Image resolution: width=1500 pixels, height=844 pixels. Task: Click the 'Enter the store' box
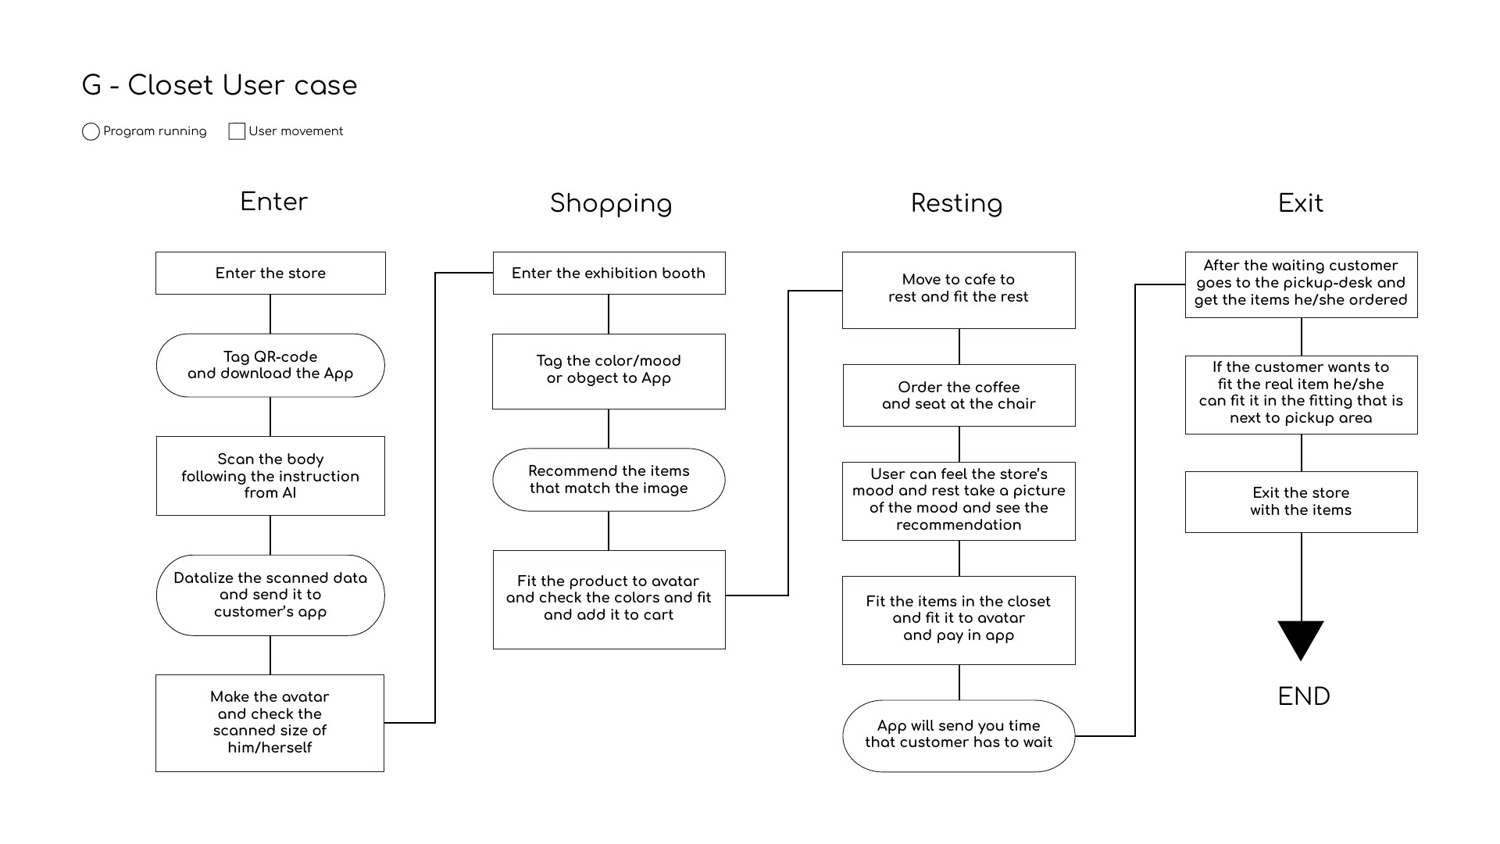coord(270,273)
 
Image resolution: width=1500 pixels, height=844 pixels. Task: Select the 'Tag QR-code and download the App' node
coord(270,365)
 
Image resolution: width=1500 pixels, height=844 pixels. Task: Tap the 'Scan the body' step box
coord(270,476)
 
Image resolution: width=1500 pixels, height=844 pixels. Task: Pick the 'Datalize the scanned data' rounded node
coord(270,595)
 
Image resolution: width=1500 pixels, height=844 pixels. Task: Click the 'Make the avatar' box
coord(270,723)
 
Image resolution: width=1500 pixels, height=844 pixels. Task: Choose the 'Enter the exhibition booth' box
coord(609,273)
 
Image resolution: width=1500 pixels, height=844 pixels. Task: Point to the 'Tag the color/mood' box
coord(609,371)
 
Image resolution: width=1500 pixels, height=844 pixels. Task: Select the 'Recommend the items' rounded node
coord(609,480)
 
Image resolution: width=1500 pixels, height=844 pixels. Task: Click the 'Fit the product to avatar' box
coord(609,599)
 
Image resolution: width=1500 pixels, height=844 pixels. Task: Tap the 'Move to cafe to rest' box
coord(959,290)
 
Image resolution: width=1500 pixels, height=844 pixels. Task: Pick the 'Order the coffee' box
coord(959,395)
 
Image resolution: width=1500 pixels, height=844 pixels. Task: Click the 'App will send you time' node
coord(959,736)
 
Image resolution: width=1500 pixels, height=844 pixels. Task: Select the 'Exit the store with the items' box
coord(1301,502)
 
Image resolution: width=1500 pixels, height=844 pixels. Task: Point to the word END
coord(1304,696)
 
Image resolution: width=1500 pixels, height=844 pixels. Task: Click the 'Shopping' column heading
coord(611,204)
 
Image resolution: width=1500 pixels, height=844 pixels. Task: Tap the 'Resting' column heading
coord(957,204)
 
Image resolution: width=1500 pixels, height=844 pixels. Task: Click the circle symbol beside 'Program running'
coord(91,131)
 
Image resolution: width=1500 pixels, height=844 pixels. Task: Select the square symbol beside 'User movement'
coord(237,131)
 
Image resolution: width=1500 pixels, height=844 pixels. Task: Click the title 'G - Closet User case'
coord(220,85)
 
